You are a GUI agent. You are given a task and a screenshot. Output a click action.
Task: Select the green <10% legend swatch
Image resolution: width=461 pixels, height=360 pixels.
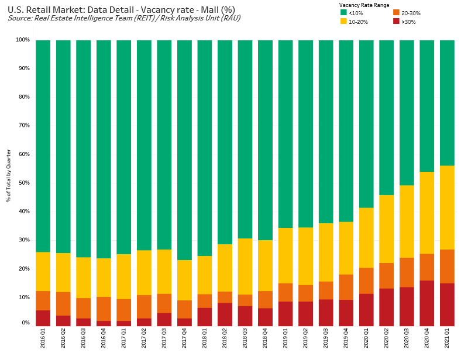coord(343,13)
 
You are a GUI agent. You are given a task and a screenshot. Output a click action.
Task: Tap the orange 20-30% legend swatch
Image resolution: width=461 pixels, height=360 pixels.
coord(396,13)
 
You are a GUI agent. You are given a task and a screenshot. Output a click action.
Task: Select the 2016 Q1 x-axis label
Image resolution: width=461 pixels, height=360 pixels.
coord(43,339)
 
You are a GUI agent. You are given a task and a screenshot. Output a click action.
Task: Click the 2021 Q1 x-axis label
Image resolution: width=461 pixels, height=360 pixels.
coord(447,339)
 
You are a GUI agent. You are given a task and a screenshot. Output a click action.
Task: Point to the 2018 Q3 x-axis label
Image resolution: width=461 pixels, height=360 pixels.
coord(245,339)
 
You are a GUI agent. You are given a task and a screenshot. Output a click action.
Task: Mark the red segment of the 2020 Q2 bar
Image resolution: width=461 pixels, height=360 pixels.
coord(386,307)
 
